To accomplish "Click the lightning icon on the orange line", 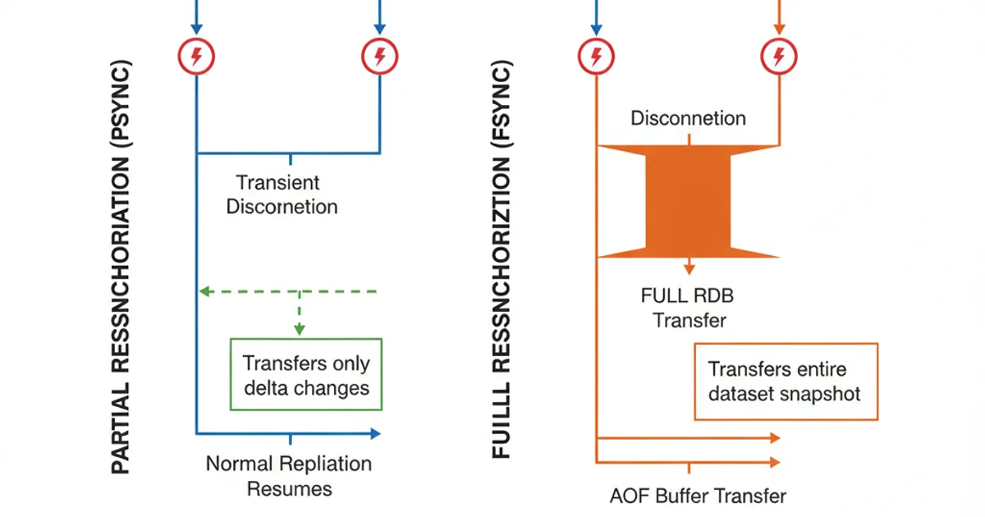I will click(777, 56).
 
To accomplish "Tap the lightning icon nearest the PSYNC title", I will click(195, 56).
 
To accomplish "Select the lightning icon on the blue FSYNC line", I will click(595, 56).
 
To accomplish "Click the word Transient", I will click(277, 182).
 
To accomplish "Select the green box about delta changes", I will click(306, 374).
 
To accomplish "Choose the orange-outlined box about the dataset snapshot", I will click(786, 382).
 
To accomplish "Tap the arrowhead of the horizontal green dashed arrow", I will click(204, 291).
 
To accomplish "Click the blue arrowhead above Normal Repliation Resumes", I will click(375, 432).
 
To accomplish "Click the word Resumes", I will click(290, 489).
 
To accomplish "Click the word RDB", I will click(712, 295).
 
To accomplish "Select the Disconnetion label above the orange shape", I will click(688, 118).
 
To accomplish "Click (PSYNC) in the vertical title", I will click(121, 90).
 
